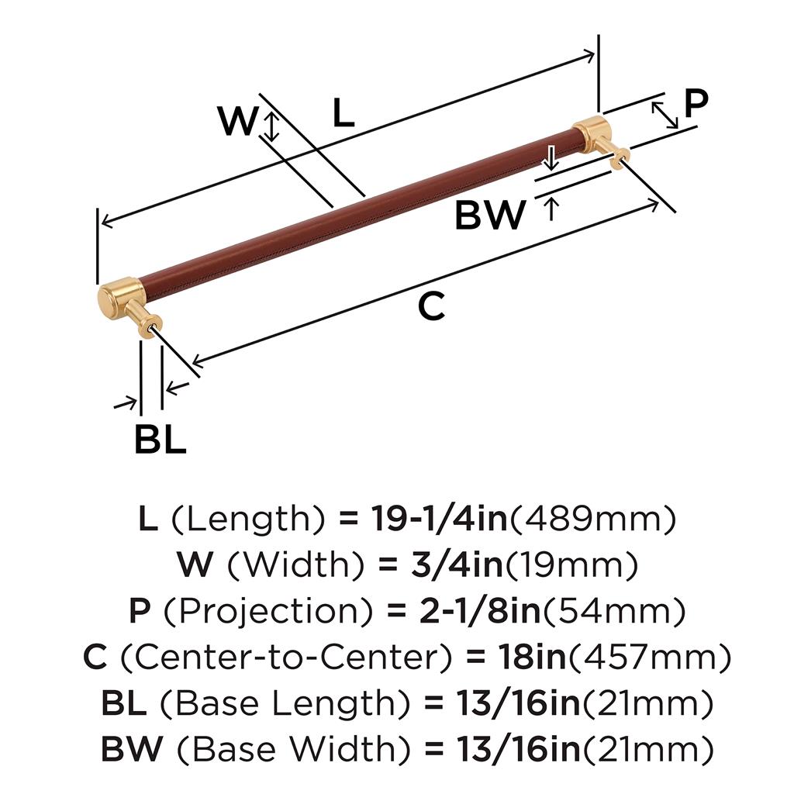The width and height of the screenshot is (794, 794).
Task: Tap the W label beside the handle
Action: [x=236, y=122]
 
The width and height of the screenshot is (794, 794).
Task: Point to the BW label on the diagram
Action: [x=490, y=215]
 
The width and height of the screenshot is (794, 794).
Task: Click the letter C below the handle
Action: [x=431, y=307]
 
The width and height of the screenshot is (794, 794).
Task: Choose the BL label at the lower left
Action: [x=160, y=440]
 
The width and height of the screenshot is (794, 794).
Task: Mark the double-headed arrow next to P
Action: [x=665, y=114]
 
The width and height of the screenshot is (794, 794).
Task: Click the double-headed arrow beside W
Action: [x=271, y=126]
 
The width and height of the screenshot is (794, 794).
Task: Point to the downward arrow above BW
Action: [x=551, y=158]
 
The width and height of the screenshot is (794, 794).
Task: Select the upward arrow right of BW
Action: [x=551, y=209]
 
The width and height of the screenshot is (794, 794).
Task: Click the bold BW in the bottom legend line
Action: [x=132, y=749]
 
